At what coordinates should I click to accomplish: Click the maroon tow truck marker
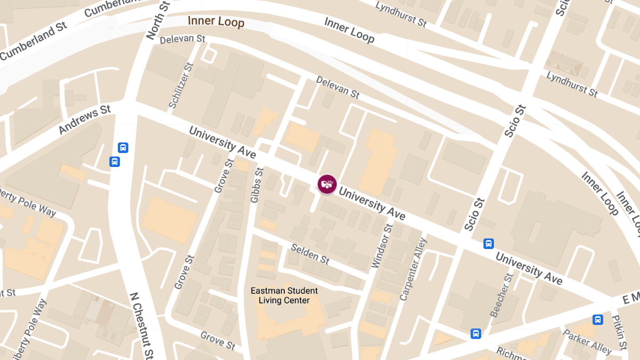[327, 184]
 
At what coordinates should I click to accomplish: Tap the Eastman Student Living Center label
[284, 295]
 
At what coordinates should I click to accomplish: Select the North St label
[157, 20]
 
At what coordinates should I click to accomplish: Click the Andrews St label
[84, 119]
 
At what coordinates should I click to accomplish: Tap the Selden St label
[310, 254]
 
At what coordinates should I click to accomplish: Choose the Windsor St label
[382, 246]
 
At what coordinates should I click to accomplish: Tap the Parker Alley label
[587, 341]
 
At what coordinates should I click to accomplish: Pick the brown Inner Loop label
[216, 21]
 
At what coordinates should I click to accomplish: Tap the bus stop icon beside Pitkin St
[598, 319]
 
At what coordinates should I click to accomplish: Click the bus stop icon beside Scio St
[489, 244]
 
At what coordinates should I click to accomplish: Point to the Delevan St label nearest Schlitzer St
[182, 39]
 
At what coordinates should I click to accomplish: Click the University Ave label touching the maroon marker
[372, 204]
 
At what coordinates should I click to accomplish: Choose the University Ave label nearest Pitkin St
[529, 268]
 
